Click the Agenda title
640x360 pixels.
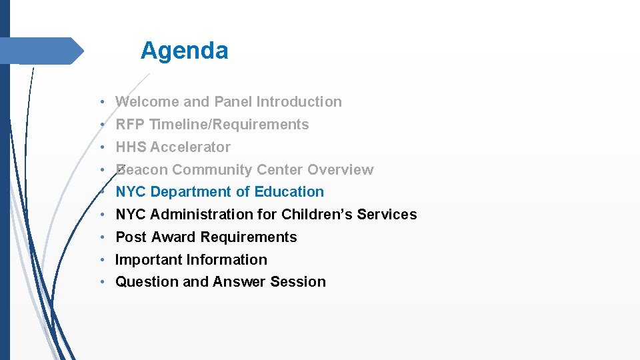point(184,51)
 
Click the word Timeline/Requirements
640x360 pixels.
point(229,125)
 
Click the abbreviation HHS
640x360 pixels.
point(131,147)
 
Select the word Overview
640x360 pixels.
point(341,170)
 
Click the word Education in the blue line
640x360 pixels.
point(291,192)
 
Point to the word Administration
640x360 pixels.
point(203,215)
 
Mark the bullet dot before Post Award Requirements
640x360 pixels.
point(103,237)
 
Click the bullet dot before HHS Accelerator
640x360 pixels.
point(103,147)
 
